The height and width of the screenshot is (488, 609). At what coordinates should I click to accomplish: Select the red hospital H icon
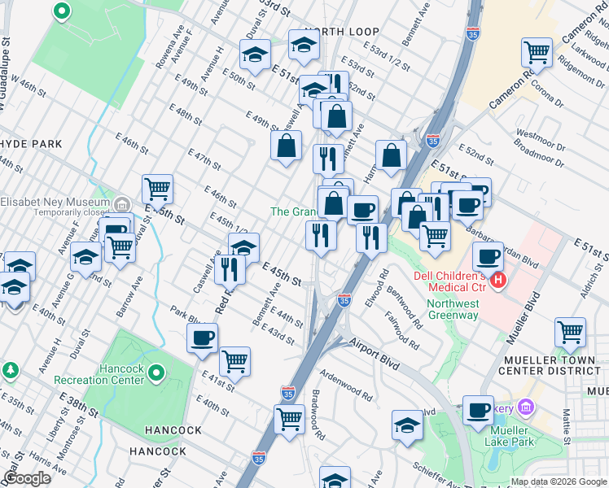point(497,281)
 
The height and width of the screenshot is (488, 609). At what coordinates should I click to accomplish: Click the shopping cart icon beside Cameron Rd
point(537,53)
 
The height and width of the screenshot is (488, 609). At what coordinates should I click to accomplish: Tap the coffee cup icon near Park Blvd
point(202,337)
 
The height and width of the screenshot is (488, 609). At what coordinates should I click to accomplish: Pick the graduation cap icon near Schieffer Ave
point(407,425)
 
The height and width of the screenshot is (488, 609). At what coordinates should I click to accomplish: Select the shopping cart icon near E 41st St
point(234,360)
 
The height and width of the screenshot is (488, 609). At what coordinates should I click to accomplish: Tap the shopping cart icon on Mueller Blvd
point(570,332)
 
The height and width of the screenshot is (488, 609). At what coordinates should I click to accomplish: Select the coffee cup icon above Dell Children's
point(488,256)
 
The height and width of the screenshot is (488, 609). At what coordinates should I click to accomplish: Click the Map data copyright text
point(558,481)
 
